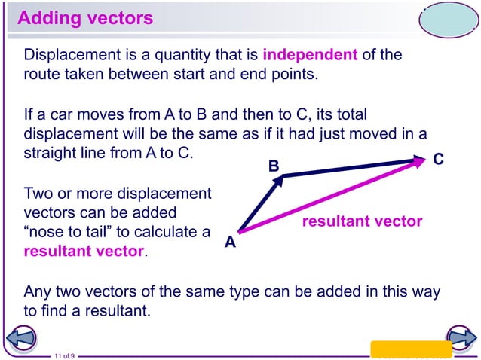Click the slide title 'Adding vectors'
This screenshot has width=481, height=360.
(84, 18)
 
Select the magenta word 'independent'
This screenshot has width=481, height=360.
(309, 55)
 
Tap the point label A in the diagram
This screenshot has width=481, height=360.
(230, 243)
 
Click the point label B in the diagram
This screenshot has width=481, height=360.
(274, 165)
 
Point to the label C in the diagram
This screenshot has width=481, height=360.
(439, 160)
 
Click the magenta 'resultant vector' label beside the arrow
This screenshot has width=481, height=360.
(362, 221)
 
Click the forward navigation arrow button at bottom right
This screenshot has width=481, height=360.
(459, 338)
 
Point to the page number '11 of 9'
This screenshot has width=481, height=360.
(64, 355)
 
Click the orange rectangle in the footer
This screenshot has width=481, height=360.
(411, 349)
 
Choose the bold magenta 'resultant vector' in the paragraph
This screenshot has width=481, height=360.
(83, 251)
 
